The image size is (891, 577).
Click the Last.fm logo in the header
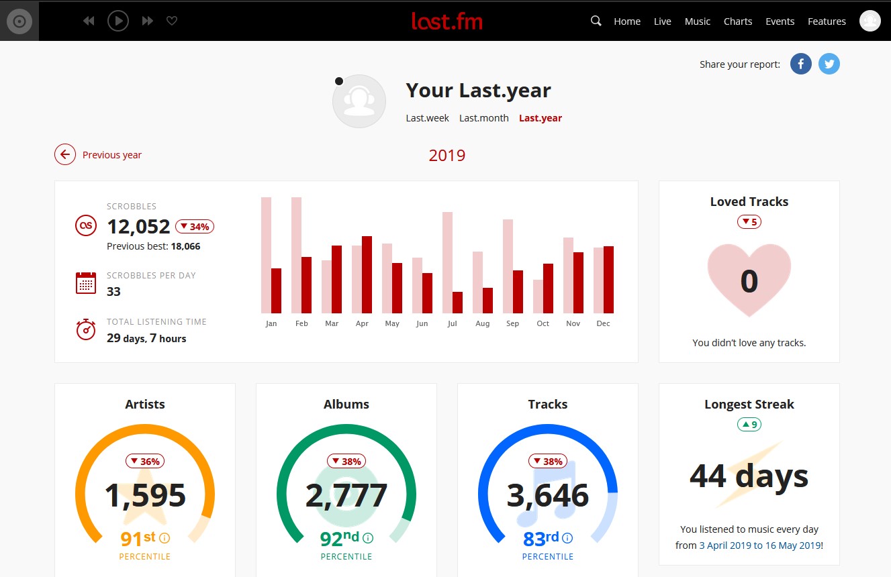447,21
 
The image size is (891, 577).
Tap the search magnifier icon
596,21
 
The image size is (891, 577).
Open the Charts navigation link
737,21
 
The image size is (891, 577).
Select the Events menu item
780,21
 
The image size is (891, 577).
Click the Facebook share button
800,64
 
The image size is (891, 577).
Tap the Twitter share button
829,64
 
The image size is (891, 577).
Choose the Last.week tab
427,118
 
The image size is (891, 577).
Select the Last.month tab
483,118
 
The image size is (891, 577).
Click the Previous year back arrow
65,155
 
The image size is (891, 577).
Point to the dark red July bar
457,303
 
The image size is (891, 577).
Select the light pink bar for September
508,266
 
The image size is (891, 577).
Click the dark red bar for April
367,274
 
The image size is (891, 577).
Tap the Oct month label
543,323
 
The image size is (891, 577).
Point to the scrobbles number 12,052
138,227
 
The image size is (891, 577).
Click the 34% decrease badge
195,227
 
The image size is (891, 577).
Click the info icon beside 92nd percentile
368,538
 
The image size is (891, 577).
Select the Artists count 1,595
145,496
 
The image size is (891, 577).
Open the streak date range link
760,545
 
